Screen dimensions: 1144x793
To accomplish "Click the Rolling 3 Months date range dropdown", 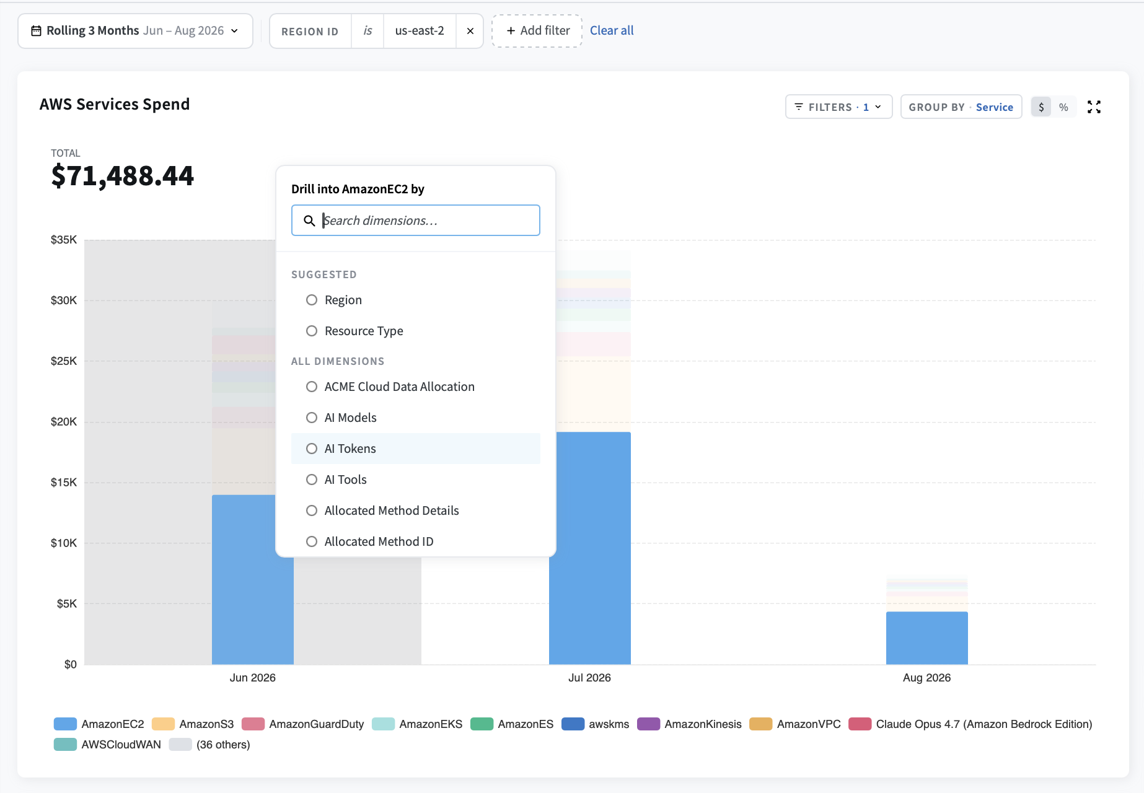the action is [x=135, y=31].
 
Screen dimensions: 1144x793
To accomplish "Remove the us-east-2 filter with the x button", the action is [x=470, y=31].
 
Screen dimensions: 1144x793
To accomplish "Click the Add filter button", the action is [x=537, y=31].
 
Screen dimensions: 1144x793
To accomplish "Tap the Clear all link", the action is [x=612, y=30].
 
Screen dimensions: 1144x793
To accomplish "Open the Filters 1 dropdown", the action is [x=838, y=107].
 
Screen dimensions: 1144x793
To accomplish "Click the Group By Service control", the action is [x=961, y=107].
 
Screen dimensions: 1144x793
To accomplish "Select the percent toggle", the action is [x=1063, y=107].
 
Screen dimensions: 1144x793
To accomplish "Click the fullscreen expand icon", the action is [x=1094, y=107].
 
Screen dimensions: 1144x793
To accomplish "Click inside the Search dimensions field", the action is [x=416, y=221].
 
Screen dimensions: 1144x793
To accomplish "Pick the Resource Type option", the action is [x=354, y=331].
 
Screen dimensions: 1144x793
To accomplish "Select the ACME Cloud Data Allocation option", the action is [x=390, y=387].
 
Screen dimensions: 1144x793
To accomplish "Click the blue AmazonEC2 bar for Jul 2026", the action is [x=590, y=548].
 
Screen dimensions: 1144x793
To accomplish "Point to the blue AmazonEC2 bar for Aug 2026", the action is [x=927, y=638].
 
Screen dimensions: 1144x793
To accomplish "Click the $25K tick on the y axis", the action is [x=64, y=361].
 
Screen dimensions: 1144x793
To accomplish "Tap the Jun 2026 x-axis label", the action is [x=253, y=678].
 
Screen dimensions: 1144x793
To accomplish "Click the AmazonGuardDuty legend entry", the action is [x=303, y=724].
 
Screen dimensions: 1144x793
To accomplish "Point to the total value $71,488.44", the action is [x=123, y=176].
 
